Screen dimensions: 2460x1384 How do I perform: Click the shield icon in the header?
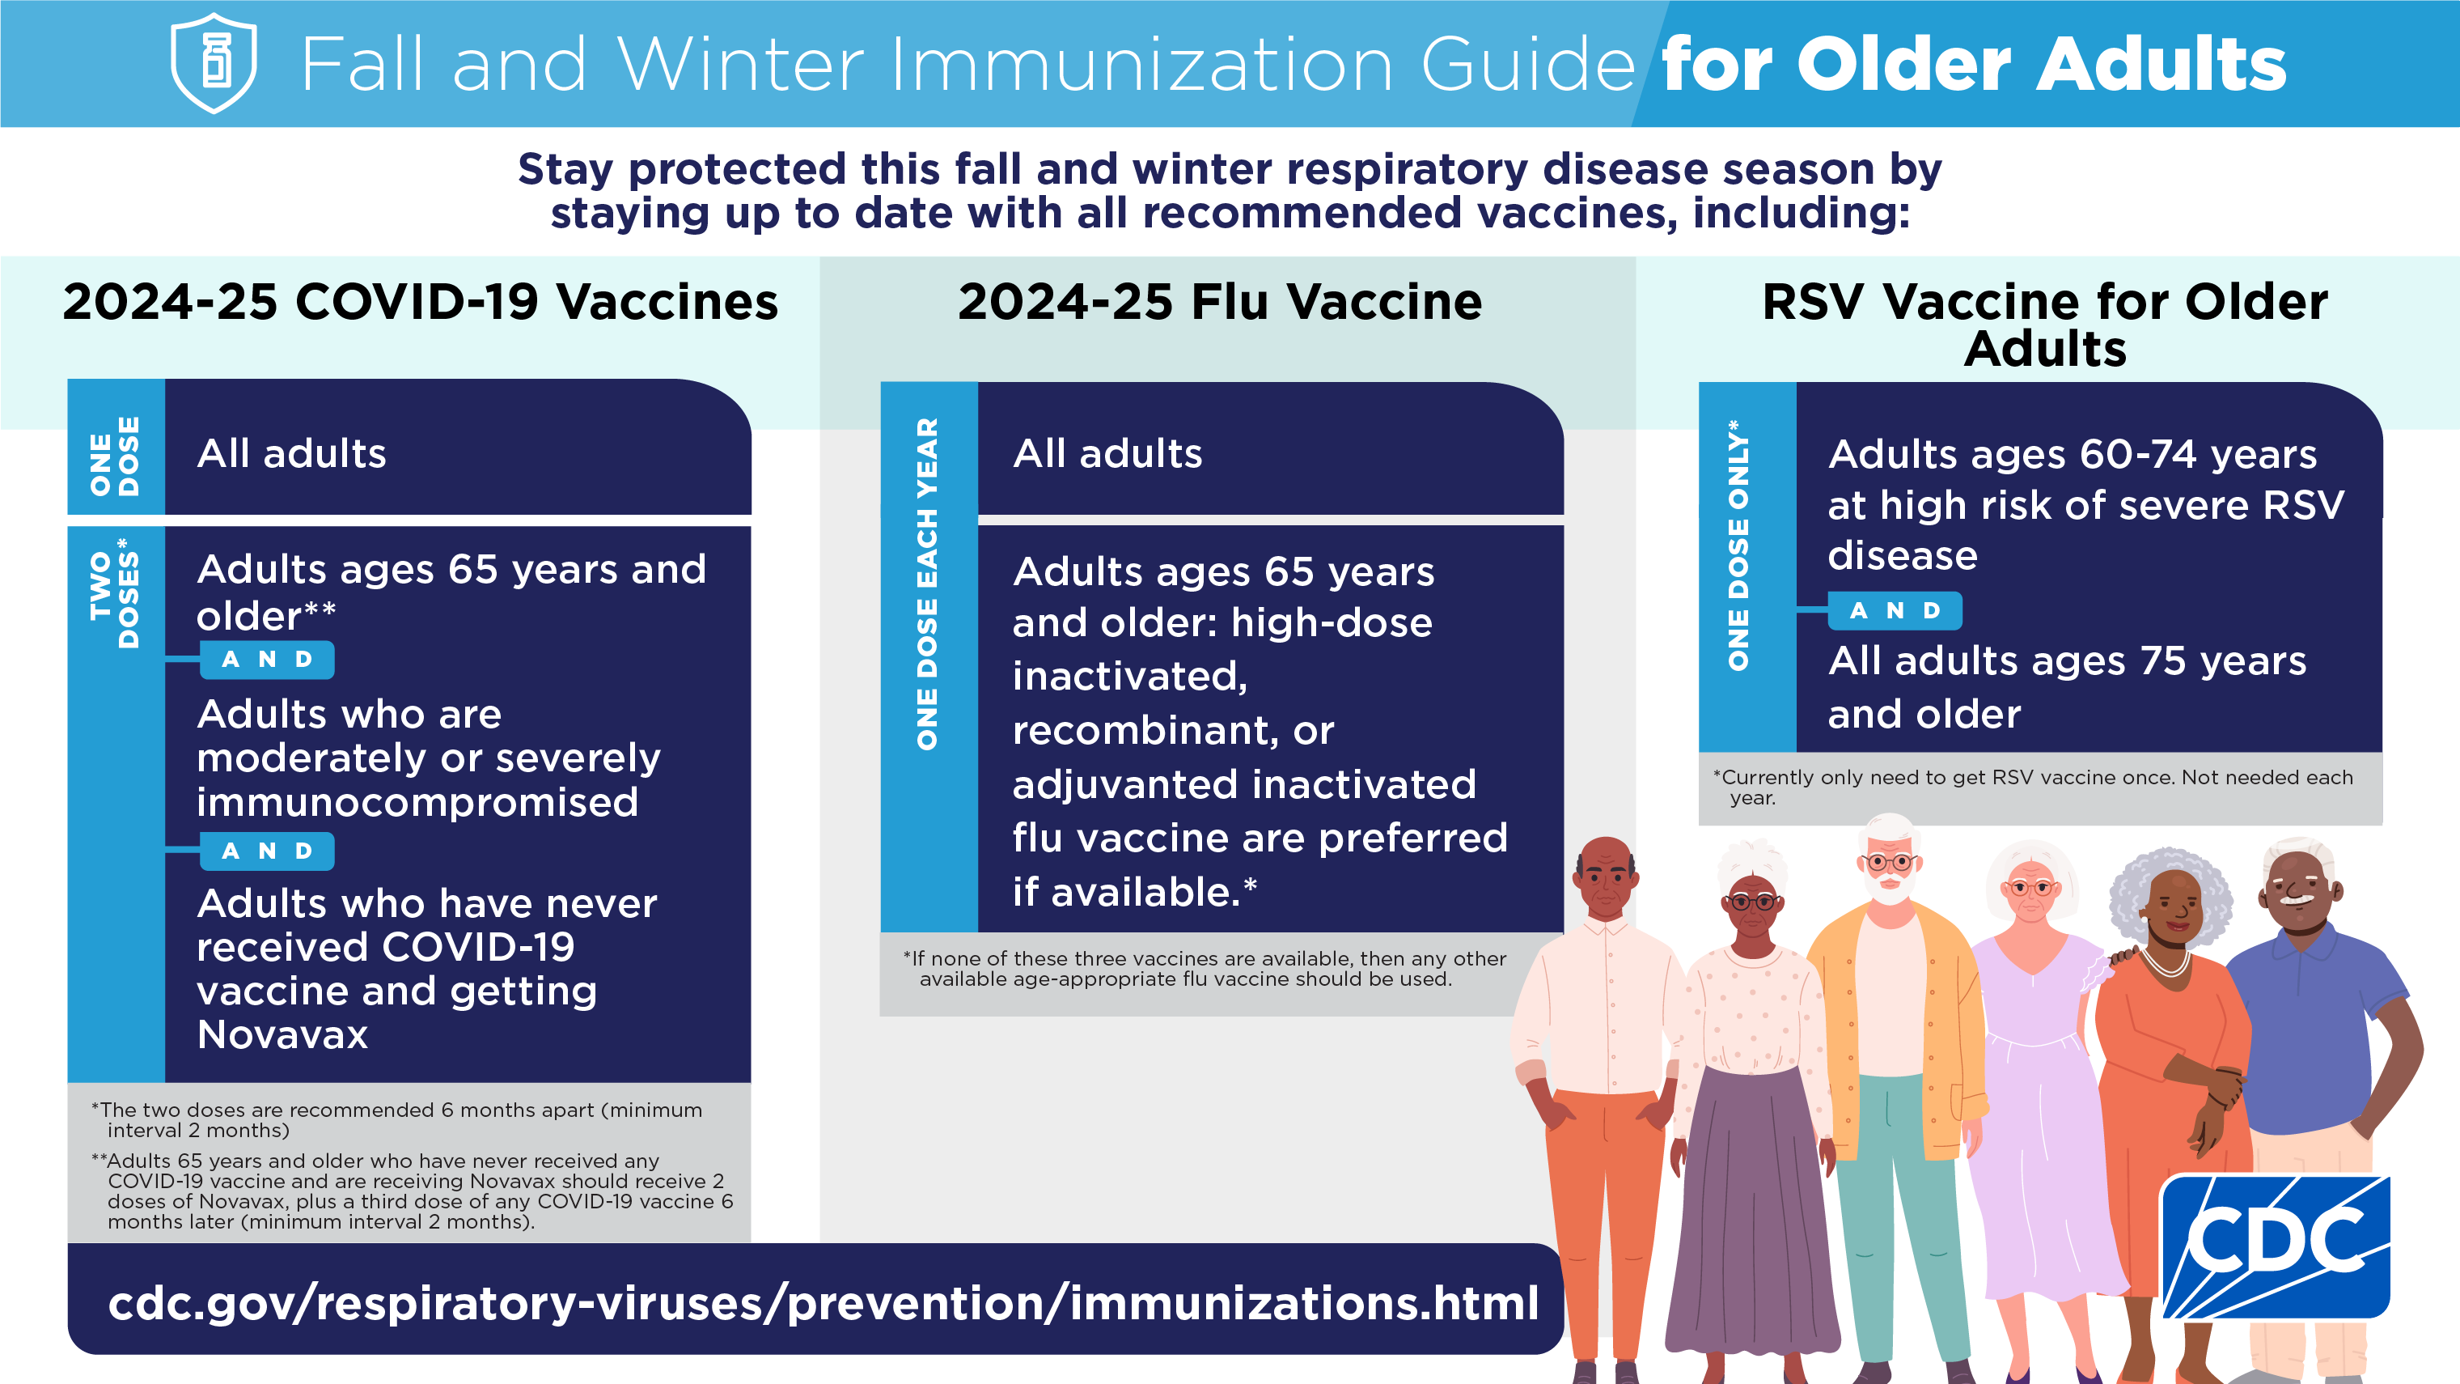(213, 63)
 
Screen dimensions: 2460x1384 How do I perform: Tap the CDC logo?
(2276, 1247)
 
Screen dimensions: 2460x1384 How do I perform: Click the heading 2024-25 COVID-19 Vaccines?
(420, 302)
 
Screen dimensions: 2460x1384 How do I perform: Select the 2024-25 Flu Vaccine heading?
(1220, 302)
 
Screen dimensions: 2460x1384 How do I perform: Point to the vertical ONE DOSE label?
(115, 456)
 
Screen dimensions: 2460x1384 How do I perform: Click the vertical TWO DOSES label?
(115, 592)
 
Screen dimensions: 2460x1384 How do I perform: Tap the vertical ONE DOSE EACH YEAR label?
(927, 584)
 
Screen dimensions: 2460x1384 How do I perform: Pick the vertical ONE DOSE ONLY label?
(1739, 545)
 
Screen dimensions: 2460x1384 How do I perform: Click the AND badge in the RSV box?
(1895, 610)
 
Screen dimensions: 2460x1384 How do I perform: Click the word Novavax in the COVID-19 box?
(282, 1035)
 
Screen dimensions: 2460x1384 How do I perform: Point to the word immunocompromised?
(417, 802)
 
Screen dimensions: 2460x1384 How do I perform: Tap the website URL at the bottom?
(824, 1303)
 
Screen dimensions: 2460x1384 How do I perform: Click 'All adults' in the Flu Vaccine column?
(1107, 454)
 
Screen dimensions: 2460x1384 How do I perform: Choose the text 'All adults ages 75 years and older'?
(2067, 687)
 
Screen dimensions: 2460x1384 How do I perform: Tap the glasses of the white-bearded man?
(1888, 864)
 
